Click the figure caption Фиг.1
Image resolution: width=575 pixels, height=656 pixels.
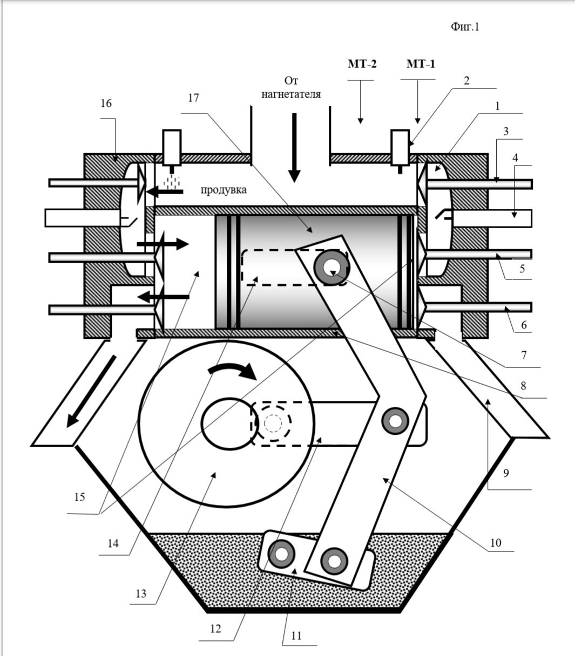[465, 26]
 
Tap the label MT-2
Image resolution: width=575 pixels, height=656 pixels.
[362, 64]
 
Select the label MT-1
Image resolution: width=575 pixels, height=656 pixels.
[421, 64]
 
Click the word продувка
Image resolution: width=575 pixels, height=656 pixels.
[224, 190]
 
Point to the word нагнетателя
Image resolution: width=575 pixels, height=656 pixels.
[291, 94]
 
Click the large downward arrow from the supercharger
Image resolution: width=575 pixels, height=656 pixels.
[294, 148]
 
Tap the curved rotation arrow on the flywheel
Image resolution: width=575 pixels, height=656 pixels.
[233, 371]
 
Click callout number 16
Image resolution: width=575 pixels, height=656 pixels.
[106, 103]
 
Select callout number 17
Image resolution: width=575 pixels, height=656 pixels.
[193, 98]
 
